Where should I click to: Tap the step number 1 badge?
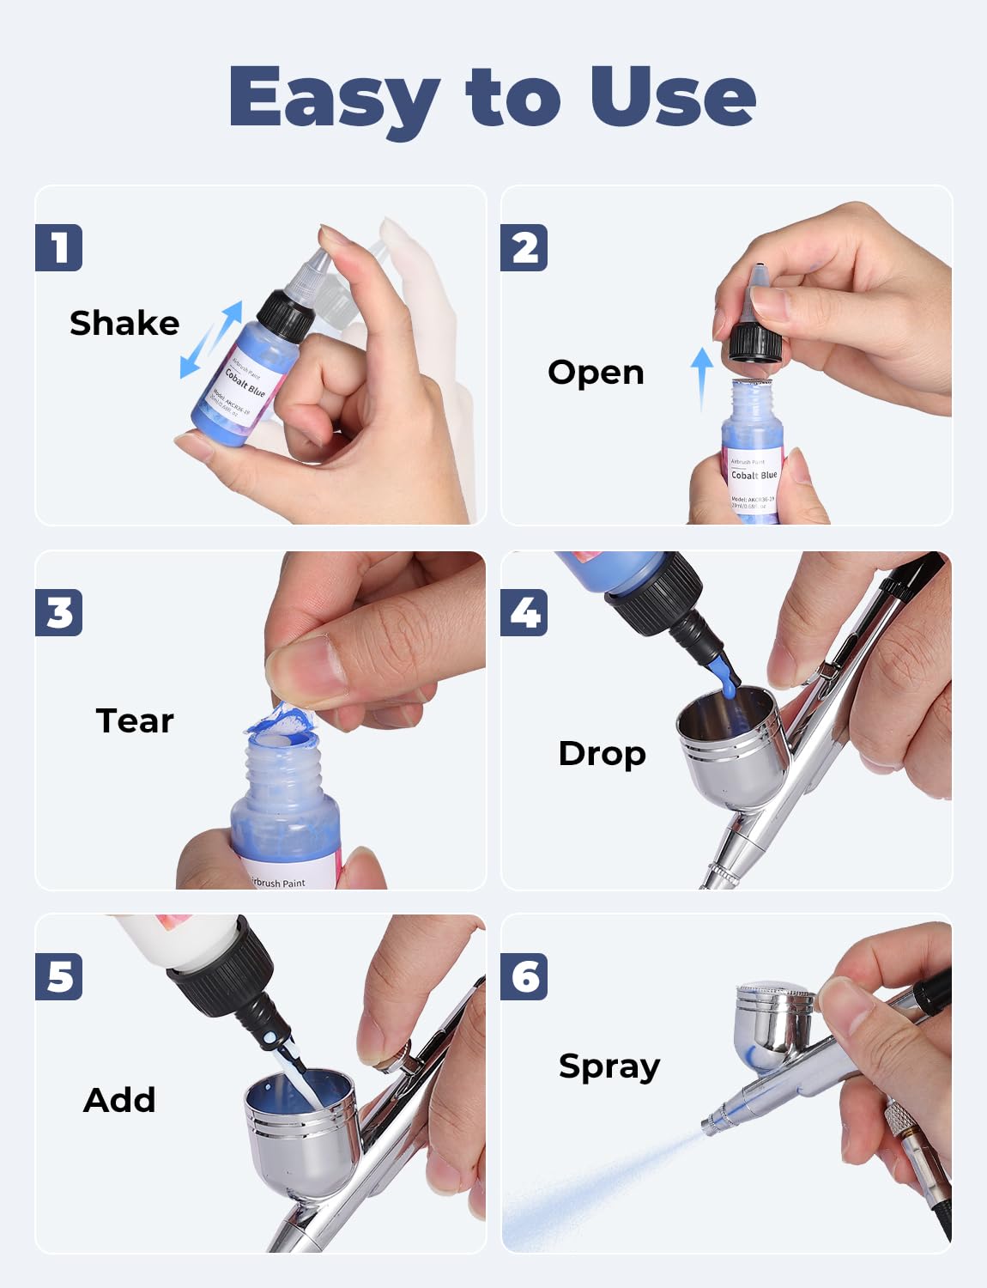(x=59, y=248)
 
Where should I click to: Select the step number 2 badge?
(x=524, y=248)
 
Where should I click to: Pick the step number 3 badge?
(x=59, y=613)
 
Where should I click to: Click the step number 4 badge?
(x=524, y=613)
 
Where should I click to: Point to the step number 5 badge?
(x=59, y=977)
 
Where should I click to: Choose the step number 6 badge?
(x=524, y=977)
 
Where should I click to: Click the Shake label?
(x=124, y=324)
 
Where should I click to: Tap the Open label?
(x=596, y=373)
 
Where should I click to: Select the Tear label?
(x=135, y=721)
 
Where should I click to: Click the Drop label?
(x=602, y=754)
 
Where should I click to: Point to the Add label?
(x=119, y=1100)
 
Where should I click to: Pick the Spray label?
(x=609, y=1066)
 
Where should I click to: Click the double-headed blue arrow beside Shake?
(x=210, y=339)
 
